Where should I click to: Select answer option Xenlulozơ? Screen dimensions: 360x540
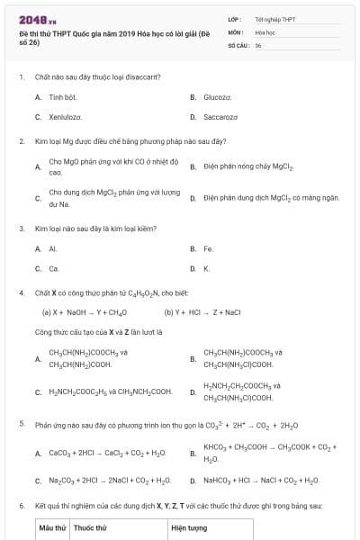(66, 117)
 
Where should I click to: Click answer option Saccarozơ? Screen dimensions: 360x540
(221, 117)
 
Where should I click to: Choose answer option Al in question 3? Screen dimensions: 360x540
(53, 248)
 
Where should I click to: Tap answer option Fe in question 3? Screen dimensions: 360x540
(209, 248)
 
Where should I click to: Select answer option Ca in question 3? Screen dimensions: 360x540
(54, 268)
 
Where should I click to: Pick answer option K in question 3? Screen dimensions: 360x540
(207, 268)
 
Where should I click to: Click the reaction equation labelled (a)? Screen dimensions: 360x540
(85, 312)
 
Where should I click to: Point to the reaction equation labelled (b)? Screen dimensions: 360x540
(203, 312)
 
